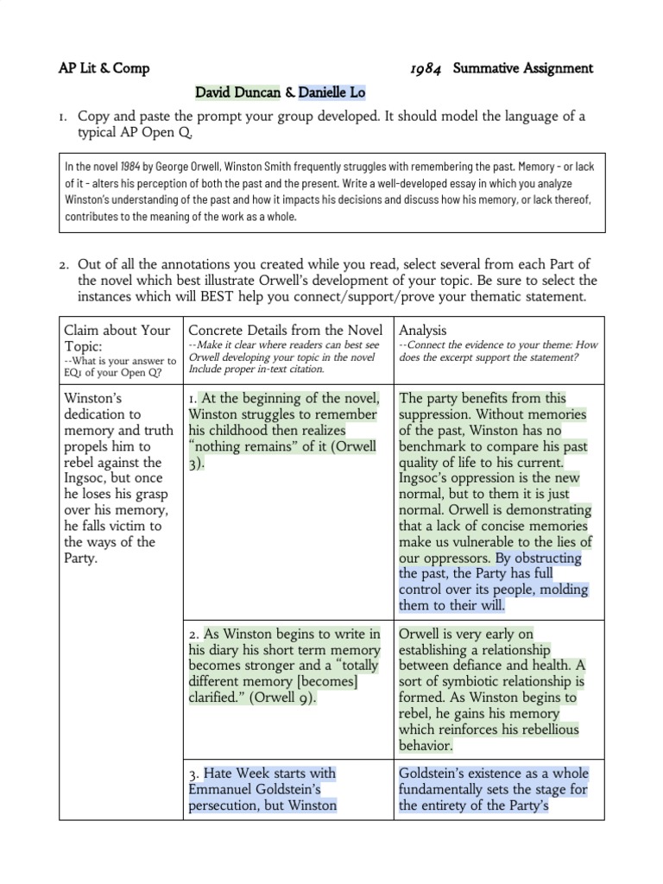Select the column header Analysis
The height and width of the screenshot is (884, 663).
pyautogui.click(x=423, y=330)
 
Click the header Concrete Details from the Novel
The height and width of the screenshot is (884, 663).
pyautogui.click(x=285, y=330)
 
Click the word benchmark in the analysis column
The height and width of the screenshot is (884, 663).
pyautogui.click(x=438, y=446)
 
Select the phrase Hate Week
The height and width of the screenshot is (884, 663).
pyautogui.click(x=239, y=773)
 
